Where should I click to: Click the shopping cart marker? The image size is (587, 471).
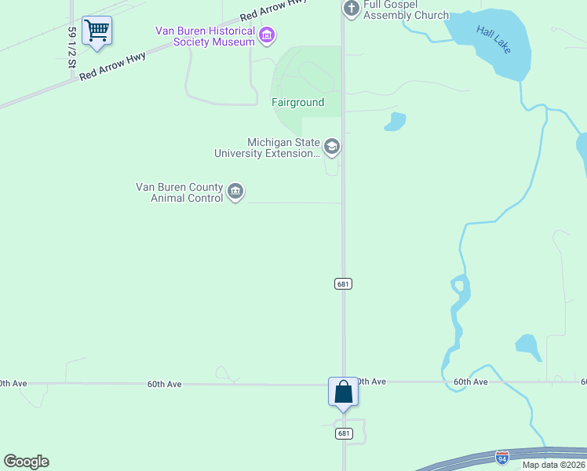pyautogui.click(x=97, y=31)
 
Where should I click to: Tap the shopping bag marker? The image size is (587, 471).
pyautogui.click(x=343, y=391)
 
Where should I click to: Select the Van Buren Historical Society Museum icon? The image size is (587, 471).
pyautogui.click(x=267, y=35)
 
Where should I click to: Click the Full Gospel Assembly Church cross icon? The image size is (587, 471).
pyautogui.click(x=351, y=9)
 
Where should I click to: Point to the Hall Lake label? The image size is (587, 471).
pyautogui.click(x=494, y=39)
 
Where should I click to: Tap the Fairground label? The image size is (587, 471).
pyautogui.click(x=297, y=103)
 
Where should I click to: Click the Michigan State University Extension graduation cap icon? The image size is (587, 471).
pyautogui.click(x=331, y=147)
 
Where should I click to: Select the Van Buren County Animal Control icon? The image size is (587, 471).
pyautogui.click(x=235, y=192)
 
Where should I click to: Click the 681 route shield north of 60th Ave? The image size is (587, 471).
pyautogui.click(x=342, y=283)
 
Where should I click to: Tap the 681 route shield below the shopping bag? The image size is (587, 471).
pyautogui.click(x=343, y=433)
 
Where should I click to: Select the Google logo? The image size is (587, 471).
pyautogui.click(x=26, y=462)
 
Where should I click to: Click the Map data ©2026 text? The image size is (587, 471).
pyautogui.click(x=553, y=465)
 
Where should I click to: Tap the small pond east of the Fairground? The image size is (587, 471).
pyautogui.click(x=395, y=122)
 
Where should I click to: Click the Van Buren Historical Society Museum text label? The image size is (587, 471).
pyautogui.click(x=206, y=35)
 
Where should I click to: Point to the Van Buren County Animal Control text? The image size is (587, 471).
pyautogui.click(x=180, y=192)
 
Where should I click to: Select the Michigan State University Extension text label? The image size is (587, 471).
pyautogui.click(x=268, y=148)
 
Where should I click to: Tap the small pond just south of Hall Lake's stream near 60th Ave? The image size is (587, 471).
pyautogui.click(x=528, y=345)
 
